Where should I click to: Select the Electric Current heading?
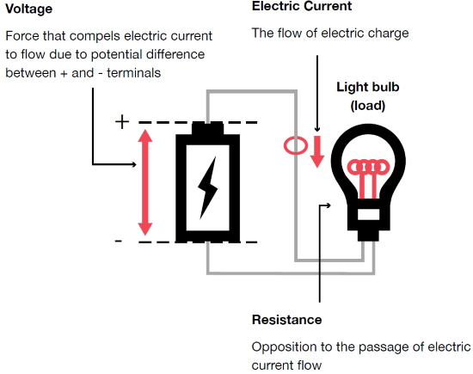304,8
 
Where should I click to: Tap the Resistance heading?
286,320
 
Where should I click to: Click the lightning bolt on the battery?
208,186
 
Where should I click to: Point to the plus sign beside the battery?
121,122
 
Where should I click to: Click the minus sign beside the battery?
120,242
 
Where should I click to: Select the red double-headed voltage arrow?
144,181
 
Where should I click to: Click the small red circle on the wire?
294,144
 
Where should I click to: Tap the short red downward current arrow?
316,151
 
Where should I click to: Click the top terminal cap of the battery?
208,128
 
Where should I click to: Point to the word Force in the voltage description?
21,37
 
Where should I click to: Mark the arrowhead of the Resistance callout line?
329,205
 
